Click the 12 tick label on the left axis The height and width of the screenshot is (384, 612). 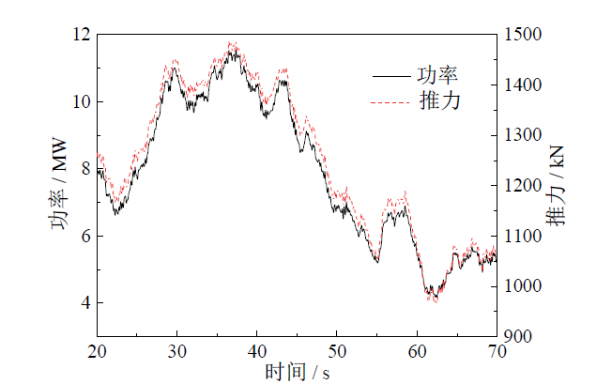click(80, 35)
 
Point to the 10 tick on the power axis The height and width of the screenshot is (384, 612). click(80, 101)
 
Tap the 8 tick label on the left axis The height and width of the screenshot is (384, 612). click(84, 169)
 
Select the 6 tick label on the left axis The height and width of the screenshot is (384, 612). click(84, 236)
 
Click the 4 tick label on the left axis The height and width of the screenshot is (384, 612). click(84, 303)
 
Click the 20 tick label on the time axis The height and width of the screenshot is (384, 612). click(97, 351)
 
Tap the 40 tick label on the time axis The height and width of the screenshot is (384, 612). click(257, 351)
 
